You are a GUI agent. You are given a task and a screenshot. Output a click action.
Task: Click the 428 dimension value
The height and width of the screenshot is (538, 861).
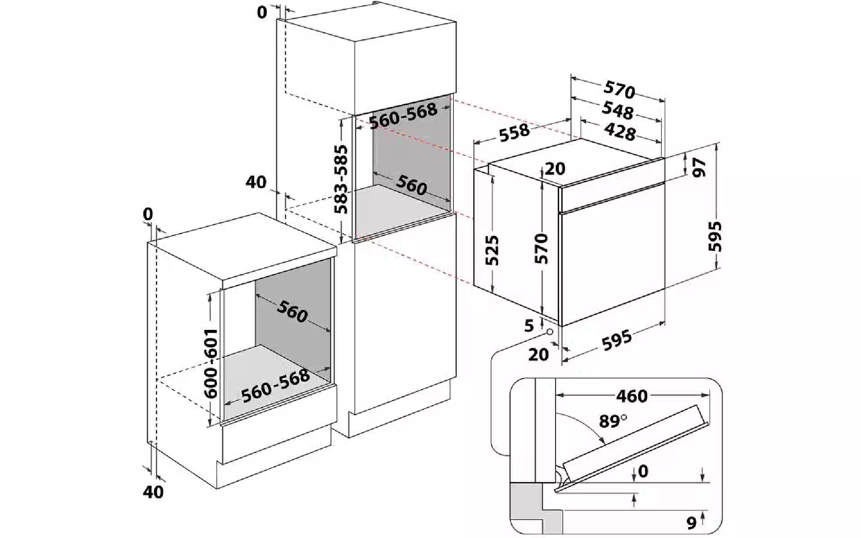[620, 132]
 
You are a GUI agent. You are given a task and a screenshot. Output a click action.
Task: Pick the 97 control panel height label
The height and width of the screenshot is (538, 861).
[699, 167]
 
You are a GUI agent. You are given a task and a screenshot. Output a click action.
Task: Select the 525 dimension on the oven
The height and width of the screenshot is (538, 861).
[492, 250]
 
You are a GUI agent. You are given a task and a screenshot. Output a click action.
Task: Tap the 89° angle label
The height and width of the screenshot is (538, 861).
[613, 421]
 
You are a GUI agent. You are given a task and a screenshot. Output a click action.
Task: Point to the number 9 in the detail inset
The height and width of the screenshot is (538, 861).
[691, 523]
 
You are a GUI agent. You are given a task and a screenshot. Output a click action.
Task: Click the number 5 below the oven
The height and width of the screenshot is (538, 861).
[529, 325]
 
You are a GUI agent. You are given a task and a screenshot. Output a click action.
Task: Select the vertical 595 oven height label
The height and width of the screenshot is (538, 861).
[715, 236]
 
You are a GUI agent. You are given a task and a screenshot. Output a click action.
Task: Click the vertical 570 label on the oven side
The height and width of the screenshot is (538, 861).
[542, 248]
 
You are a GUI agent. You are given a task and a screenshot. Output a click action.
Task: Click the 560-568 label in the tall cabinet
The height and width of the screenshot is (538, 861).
[403, 116]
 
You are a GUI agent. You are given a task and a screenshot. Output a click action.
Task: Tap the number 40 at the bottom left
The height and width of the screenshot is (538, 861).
[153, 492]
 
